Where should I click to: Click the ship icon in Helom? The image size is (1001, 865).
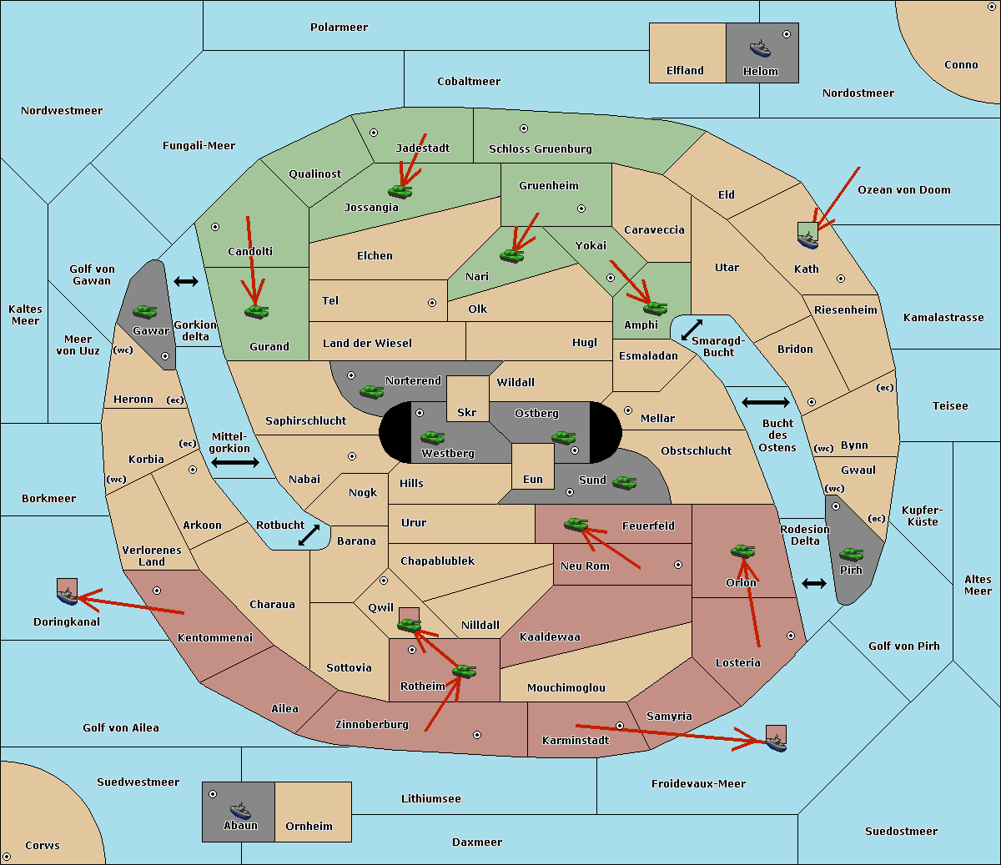point(760,48)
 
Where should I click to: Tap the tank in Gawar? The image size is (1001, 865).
point(145,311)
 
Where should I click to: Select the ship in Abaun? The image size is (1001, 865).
point(240,810)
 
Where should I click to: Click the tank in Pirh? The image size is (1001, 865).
point(851,554)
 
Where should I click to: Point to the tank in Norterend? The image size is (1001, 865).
point(371,391)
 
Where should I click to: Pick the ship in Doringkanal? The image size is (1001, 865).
point(67,596)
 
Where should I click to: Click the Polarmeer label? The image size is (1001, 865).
point(339,28)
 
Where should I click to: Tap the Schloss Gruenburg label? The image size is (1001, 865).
point(540,149)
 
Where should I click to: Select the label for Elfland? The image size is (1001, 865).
point(685,71)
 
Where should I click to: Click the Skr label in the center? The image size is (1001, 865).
point(467,413)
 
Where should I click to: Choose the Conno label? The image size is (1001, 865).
point(961,65)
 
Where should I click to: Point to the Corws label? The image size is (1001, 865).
point(43,846)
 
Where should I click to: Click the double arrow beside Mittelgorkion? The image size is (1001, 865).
point(235,463)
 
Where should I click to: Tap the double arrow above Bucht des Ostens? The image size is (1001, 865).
point(765,403)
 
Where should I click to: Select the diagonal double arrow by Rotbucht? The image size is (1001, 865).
point(309,535)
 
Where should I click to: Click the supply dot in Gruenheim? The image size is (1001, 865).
point(581,209)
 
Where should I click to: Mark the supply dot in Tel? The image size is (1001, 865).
point(432,303)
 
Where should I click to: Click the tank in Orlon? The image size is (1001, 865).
point(742,551)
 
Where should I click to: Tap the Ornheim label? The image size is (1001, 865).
point(309,827)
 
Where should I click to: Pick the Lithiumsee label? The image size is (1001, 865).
point(430,799)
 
